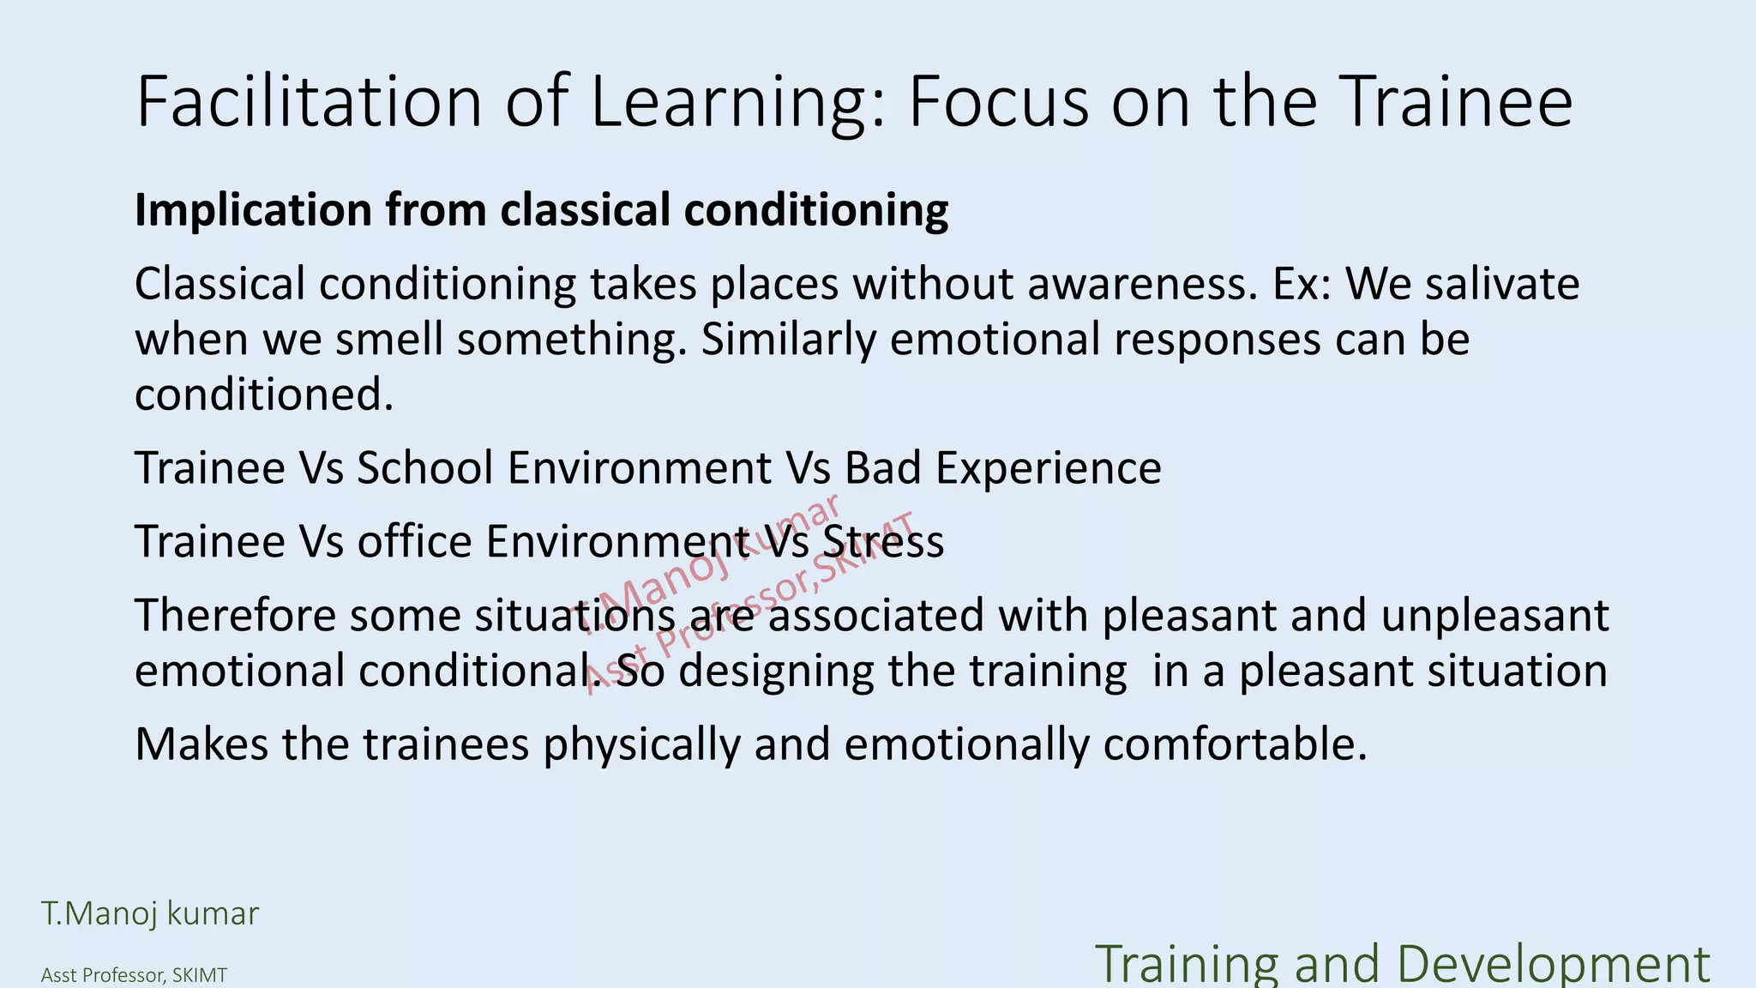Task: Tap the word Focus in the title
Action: point(998,103)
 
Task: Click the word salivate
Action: point(1502,284)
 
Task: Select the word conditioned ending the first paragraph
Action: point(263,395)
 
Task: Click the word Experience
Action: point(1048,469)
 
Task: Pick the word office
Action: point(414,542)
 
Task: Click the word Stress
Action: point(883,542)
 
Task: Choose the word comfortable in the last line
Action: point(1234,744)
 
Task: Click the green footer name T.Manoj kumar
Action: point(150,914)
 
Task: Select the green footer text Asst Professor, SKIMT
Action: point(134,975)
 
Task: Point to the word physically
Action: point(640,744)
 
